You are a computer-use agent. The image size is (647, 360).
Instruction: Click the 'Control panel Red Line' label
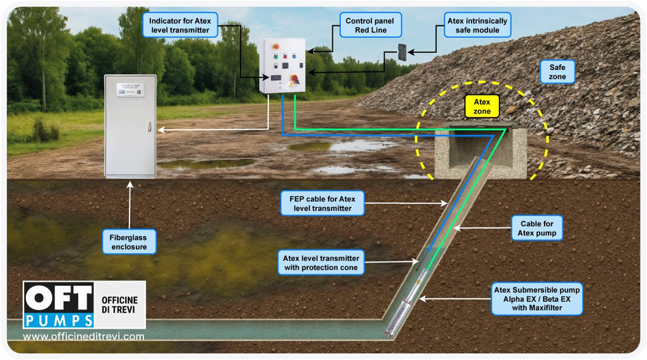point(370,25)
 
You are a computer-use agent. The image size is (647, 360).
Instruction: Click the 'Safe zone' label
point(557,72)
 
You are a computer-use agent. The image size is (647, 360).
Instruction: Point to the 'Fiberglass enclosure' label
point(129,241)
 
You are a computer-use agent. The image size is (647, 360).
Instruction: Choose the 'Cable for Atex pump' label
point(537,229)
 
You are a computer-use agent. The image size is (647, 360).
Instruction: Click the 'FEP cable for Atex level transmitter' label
point(322,203)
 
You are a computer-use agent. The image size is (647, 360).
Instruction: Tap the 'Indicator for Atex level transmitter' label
point(180,25)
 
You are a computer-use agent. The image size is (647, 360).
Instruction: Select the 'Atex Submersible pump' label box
point(537,299)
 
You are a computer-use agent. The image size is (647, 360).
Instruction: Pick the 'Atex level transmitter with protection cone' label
point(321,263)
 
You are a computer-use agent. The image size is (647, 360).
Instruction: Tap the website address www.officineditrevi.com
point(83,337)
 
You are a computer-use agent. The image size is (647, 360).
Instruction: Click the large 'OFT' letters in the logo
point(58,296)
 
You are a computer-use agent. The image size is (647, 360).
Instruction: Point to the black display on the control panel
point(276,77)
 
